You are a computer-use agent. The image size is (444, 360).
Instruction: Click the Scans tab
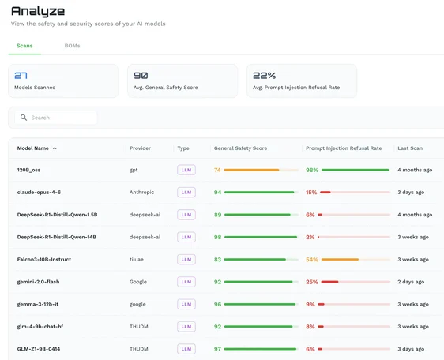click(24, 46)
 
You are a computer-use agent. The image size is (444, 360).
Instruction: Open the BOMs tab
click(72, 46)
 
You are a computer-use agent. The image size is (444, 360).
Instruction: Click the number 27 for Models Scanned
click(21, 76)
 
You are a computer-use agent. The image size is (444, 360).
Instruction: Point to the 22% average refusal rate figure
click(264, 76)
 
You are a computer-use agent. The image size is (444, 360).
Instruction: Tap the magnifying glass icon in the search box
click(24, 118)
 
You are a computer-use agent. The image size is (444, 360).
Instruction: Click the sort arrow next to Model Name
click(55, 148)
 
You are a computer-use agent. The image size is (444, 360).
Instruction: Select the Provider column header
click(140, 148)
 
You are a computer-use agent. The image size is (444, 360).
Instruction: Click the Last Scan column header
click(410, 148)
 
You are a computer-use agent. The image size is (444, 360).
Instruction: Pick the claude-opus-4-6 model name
click(39, 192)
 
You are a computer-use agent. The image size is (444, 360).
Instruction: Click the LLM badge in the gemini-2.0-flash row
click(186, 282)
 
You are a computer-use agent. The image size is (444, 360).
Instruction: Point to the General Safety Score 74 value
click(217, 170)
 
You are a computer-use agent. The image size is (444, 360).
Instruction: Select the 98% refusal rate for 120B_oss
click(312, 170)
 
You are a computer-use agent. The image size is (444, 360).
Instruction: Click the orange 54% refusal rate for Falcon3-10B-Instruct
click(312, 260)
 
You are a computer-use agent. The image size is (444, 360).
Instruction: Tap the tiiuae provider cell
click(137, 259)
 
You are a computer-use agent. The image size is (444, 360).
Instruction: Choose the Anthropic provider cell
click(142, 192)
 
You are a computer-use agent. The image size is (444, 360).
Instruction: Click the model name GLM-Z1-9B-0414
click(39, 349)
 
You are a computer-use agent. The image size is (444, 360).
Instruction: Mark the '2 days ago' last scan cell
click(411, 282)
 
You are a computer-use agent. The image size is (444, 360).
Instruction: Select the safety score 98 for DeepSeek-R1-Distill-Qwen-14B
click(217, 237)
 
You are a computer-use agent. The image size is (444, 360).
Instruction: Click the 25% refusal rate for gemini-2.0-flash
click(312, 282)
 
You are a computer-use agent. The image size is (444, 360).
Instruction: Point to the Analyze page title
click(38, 11)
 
